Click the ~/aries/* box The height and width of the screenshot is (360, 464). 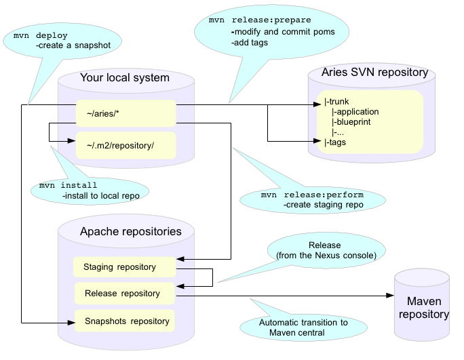coord(125,112)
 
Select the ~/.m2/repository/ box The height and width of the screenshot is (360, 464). coord(125,144)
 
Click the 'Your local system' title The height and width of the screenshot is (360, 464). coord(125,77)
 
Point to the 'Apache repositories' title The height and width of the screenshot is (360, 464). coord(131,231)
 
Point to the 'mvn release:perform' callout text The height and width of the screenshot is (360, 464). coord(312,195)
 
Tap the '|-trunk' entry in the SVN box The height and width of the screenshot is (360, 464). coord(336,101)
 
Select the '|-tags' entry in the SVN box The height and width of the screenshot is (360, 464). coord(335,142)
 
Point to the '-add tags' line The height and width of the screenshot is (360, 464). coord(251,42)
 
